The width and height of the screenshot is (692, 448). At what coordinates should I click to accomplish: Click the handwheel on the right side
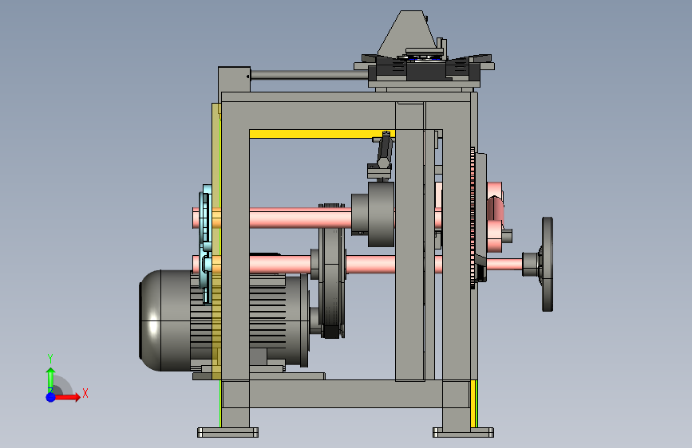(548, 264)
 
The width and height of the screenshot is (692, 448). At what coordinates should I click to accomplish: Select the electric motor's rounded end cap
(150, 320)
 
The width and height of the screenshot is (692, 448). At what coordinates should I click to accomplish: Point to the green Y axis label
(50, 359)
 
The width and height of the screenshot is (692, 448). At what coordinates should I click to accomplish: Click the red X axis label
(85, 393)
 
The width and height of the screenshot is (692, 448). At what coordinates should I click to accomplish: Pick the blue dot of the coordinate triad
(51, 397)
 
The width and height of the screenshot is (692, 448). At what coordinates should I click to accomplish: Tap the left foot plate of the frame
(227, 432)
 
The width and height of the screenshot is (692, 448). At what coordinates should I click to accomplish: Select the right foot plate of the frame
(464, 432)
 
